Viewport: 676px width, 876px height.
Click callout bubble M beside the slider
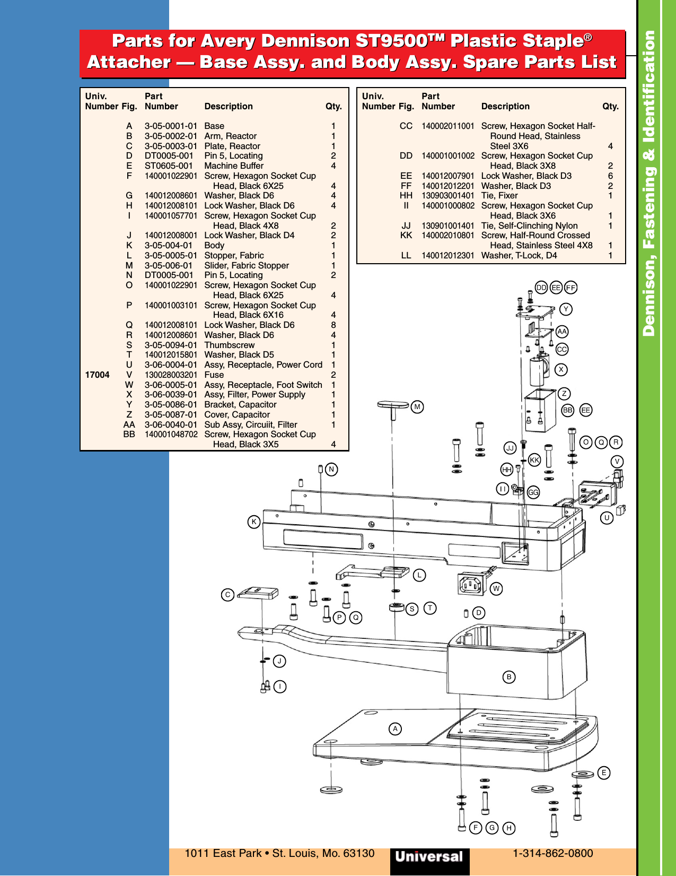coord(417,407)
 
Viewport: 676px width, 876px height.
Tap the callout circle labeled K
coord(254,522)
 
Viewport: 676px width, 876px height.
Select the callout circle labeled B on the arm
coord(509,676)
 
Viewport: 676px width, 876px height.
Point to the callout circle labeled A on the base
coord(395,728)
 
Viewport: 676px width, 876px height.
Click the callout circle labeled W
coord(496,588)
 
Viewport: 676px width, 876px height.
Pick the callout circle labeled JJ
coord(510,448)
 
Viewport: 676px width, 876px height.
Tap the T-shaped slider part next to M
coord(393,406)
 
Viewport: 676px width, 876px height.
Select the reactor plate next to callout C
coord(258,593)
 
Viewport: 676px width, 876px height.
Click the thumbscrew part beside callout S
coord(396,607)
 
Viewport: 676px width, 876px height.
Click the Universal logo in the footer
coord(429,856)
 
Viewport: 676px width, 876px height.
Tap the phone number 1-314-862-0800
coord(552,853)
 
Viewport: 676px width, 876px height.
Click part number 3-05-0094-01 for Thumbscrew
coord(171,345)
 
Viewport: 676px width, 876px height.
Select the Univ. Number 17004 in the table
coord(98,375)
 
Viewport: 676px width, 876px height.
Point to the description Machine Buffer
coord(234,166)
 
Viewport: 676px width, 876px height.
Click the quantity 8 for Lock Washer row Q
coord(333,325)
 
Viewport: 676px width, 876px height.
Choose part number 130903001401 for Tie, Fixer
coord(448,195)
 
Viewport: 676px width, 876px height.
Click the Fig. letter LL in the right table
coord(406,255)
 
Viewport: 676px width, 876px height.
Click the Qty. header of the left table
coord(333,106)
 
